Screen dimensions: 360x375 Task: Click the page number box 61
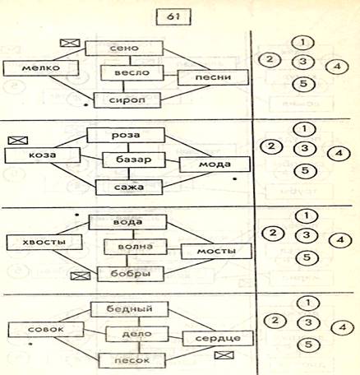pyautogui.click(x=173, y=17)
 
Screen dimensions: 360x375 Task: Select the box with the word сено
pyautogui.click(x=124, y=49)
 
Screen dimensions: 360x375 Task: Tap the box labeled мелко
pyautogui.click(x=41, y=68)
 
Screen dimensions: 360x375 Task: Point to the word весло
pyautogui.click(x=132, y=73)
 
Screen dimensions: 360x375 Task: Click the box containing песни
pyautogui.click(x=213, y=77)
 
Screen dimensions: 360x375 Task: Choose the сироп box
pyautogui.click(x=127, y=100)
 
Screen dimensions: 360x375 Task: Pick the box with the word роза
pyautogui.click(x=126, y=135)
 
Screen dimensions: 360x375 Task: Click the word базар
pyautogui.click(x=134, y=160)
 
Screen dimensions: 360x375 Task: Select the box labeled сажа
pyautogui.click(x=129, y=187)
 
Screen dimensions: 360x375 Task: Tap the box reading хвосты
pyautogui.click(x=44, y=243)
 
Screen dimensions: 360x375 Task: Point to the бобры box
pyautogui.click(x=131, y=274)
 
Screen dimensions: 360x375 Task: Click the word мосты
pyautogui.click(x=216, y=251)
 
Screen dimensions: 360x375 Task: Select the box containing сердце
pyautogui.click(x=218, y=338)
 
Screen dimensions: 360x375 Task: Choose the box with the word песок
pyautogui.click(x=132, y=360)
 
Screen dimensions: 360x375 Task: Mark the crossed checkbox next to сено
pyautogui.click(x=70, y=43)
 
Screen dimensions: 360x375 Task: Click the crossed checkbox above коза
pyautogui.click(x=18, y=141)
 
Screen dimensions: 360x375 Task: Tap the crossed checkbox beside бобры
pyautogui.click(x=81, y=275)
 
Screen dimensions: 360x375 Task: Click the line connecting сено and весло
pyautogui.click(x=130, y=61)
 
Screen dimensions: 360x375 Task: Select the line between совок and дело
pyautogui.click(x=95, y=331)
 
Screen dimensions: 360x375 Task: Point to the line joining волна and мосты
pyautogui.click(x=174, y=249)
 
